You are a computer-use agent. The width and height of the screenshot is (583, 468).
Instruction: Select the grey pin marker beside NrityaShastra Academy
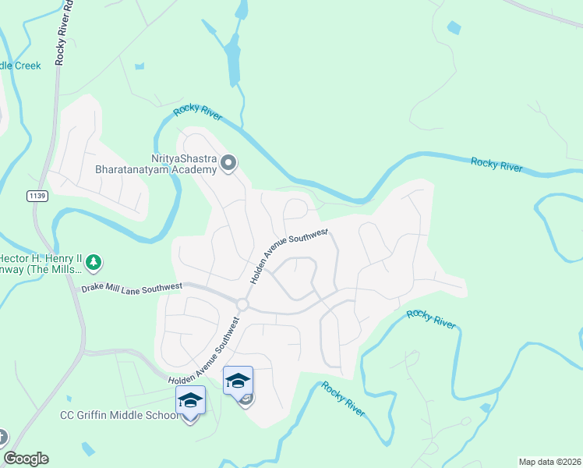pos(228,163)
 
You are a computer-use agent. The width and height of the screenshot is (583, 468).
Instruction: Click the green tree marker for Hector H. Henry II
pos(94,261)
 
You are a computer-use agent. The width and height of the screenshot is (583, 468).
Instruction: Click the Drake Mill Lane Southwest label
pos(132,288)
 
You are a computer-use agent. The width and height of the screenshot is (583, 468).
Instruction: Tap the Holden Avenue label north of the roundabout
pos(289,255)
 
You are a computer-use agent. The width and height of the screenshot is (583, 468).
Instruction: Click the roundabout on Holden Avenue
pos(242,304)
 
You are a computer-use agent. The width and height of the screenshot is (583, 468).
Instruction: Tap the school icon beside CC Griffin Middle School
pos(190,400)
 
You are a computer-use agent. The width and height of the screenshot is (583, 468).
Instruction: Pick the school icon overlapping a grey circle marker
pos(238,381)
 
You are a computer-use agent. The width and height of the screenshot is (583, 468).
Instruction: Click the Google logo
pos(26,459)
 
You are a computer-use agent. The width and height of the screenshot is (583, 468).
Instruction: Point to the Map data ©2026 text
pos(549,462)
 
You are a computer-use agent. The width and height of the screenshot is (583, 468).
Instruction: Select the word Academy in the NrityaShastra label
pos(198,169)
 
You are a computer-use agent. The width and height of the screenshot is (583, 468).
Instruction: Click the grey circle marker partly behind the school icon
pos(247,400)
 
